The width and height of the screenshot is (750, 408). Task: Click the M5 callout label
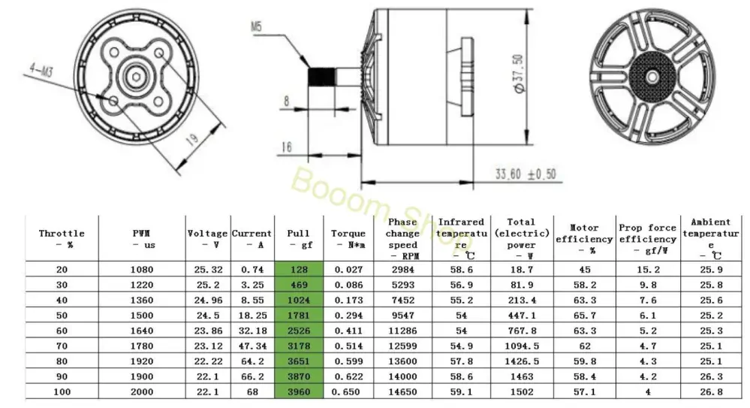[x=256, y=26]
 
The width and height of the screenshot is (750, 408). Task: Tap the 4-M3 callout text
[x=41, y=71]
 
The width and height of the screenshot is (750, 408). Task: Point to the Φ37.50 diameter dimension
[x=518, y=74]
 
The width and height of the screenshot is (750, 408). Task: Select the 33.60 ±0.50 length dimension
[x=526, y=174]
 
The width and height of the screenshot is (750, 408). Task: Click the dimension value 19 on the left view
[x=191, y=139]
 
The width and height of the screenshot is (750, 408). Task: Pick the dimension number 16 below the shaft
[x=287, y=147]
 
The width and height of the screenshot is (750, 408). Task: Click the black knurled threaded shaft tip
[x=321, y=77]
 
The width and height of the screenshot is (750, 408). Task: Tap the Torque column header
[x=348, y=239]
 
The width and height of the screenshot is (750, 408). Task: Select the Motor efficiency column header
[x=585, y=238]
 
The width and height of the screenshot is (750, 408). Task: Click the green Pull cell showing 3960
[x=299, y=391]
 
